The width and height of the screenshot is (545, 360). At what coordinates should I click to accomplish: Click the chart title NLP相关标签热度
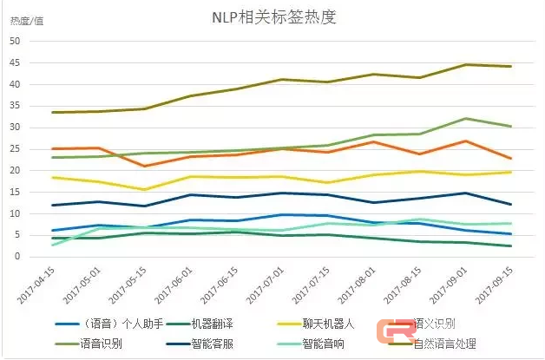click(272, 17)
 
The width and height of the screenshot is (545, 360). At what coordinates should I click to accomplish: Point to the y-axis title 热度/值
click(26, 20)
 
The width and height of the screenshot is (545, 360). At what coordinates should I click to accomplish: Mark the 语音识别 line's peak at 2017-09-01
click(466, 118)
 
